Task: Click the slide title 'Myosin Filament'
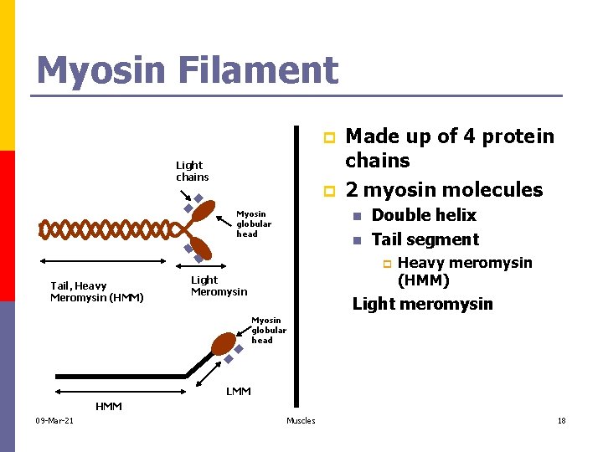click(x=187, y=70)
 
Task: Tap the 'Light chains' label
click(x=192, y=171)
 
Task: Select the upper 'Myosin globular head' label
click(x=253, y=223)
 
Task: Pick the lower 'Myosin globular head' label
click(x=268, y=330)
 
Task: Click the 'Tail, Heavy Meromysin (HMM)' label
click(x=96, y=291)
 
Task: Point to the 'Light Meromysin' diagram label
click(x=219, y=285)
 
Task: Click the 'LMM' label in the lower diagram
click(x=239, y=391)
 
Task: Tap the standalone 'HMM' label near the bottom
click(x=108, y=406)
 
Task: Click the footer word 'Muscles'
click(x=301, y=420)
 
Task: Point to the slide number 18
click(x=561, y=420)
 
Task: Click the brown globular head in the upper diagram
click(x=204, y=212)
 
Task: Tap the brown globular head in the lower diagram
click(x=224, y=344)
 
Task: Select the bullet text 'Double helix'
click(x=423, y=215)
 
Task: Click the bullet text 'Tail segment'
click(x=425, y=239)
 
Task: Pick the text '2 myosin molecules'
click(x=444, y=189)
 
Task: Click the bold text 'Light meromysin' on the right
click(x=422, y=304)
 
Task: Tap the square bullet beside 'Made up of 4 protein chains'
click(x=330, y=136)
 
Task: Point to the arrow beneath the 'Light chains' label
click(x=184, y=195)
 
